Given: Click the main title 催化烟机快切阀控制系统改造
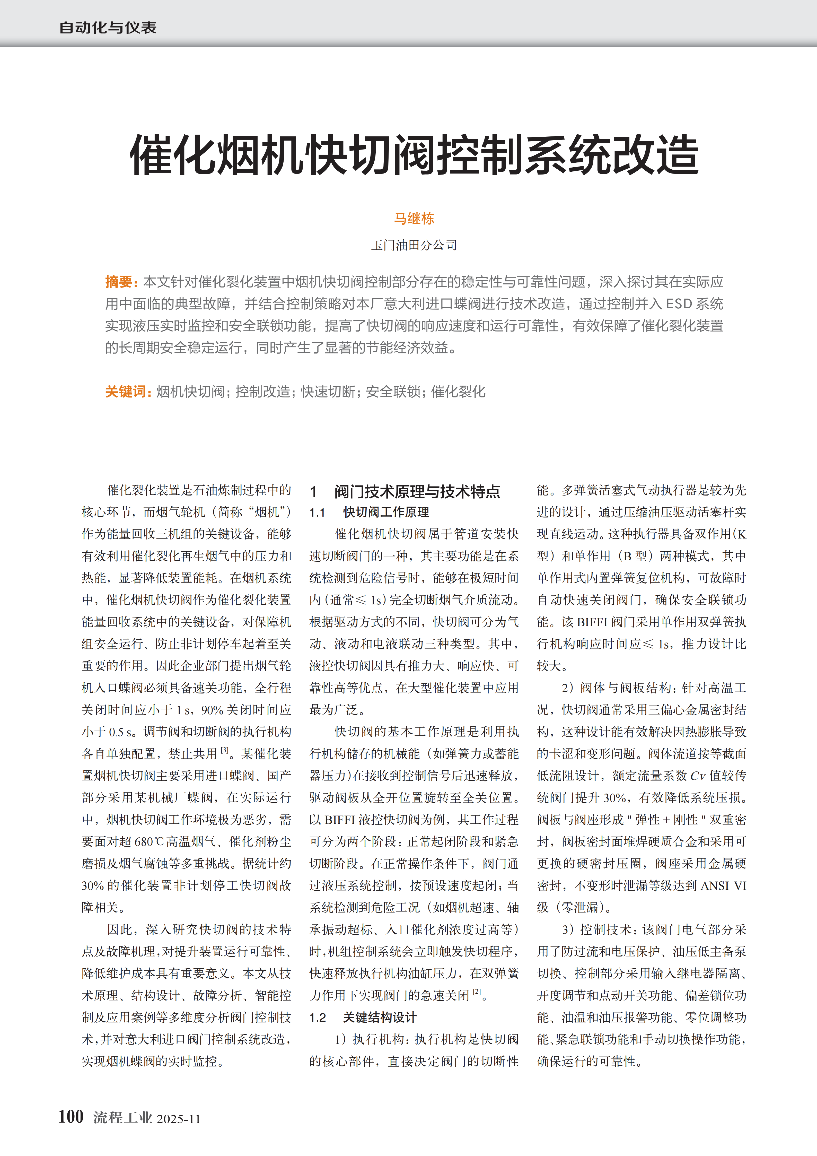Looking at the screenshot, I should tap(414, 155).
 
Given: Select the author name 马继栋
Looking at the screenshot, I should tap(414, 219).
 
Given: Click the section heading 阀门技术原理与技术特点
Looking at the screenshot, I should tap(417, 491).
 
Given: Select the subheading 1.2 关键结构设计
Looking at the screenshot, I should tap(363, 1018).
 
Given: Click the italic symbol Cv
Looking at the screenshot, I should tap(698, 776).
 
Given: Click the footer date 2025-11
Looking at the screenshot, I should tap(179, 1119).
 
